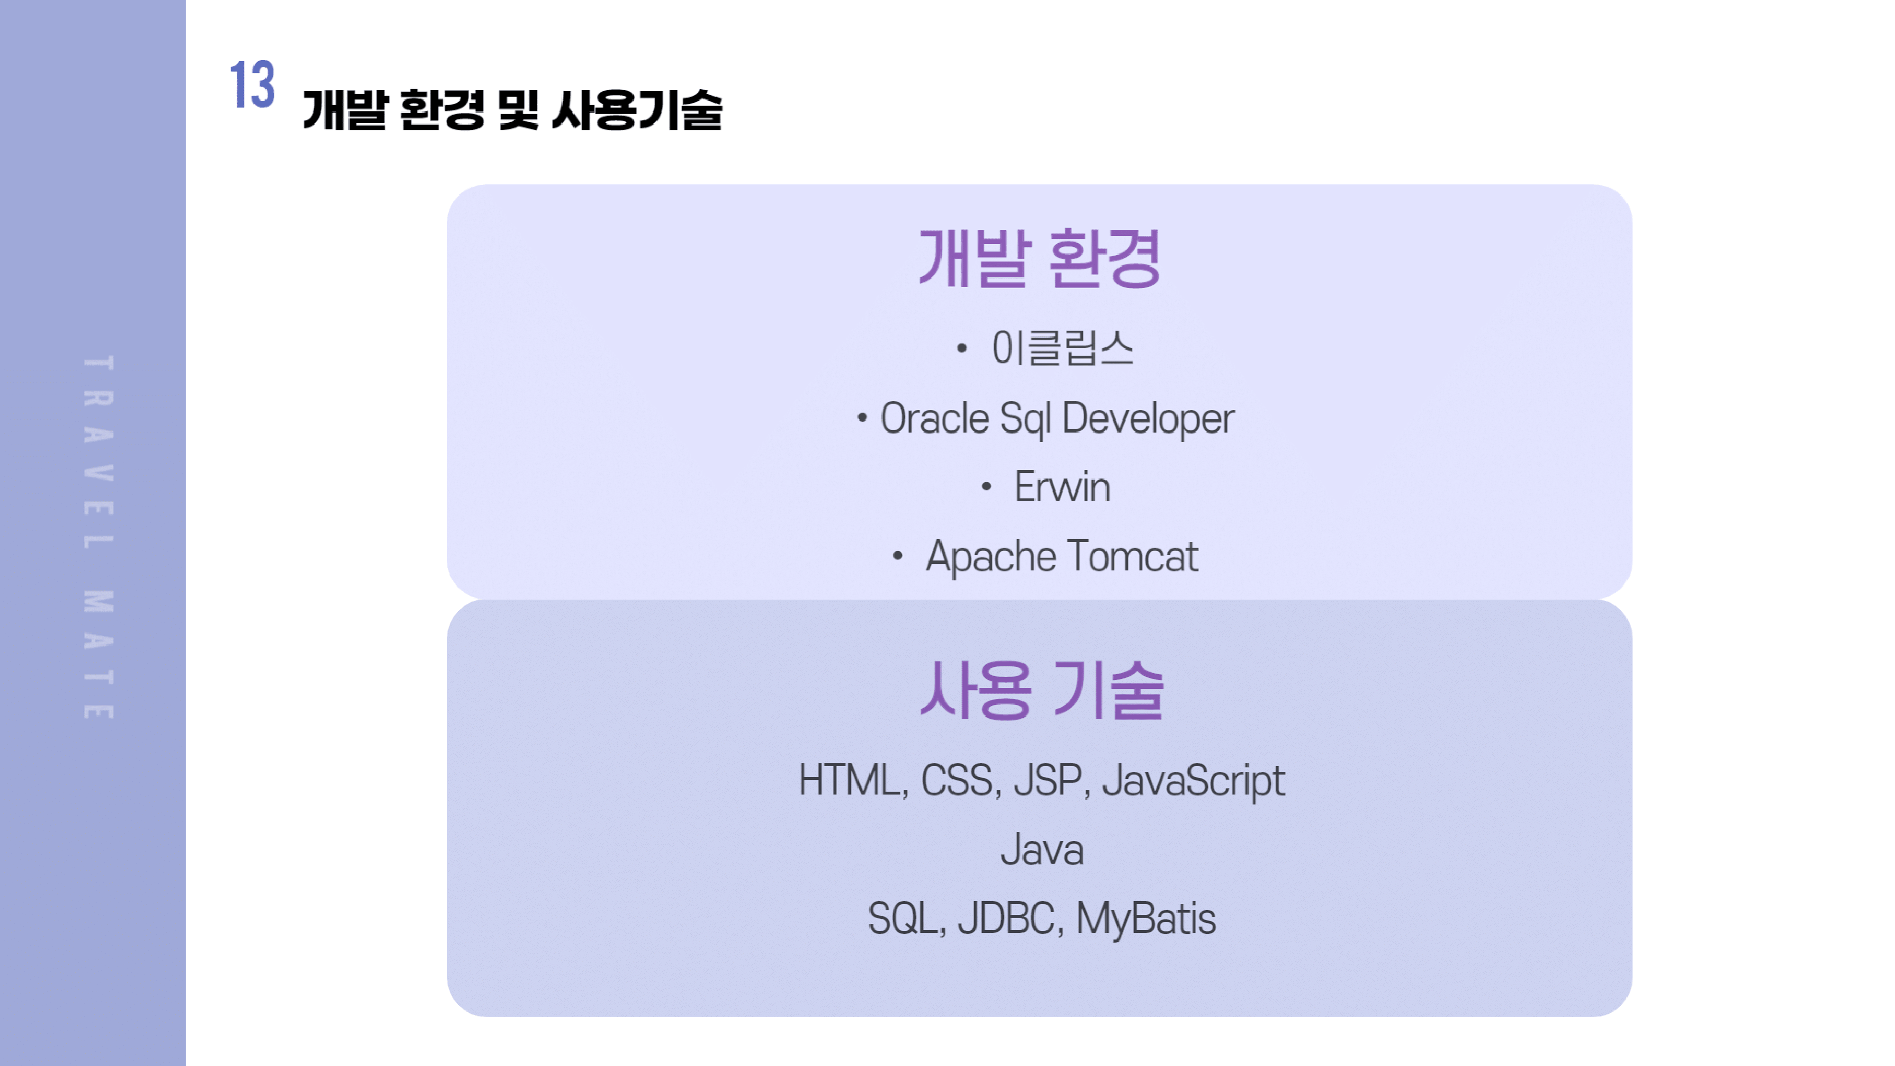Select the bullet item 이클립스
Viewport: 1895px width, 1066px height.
(1062, 348)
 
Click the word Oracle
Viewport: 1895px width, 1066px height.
(934, 419)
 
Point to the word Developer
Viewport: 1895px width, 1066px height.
(1147, 419)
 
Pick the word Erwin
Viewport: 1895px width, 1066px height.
(1062, 487)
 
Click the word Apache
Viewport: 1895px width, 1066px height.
(990, 556)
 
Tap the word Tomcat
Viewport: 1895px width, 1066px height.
(1132, 556)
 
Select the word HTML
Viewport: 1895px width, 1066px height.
(852, 780)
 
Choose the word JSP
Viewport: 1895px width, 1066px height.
(1050, 780)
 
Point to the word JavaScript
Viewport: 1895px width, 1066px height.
(1193, 780)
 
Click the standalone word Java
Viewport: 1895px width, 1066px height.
(1042, 849)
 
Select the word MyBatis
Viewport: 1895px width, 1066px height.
(1146, 919)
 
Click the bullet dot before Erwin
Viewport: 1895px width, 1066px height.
(986, 486)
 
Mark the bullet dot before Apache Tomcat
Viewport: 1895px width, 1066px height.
(897, 556)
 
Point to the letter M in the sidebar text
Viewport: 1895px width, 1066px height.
(98, 602)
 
